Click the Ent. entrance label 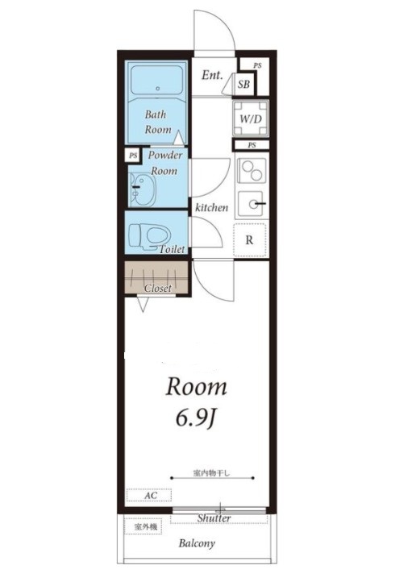point(212,75)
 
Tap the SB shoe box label point(243,85)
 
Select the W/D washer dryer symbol point(251,118)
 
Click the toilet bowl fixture point(149,236)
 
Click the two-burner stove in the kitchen point(252,171)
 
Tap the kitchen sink point(252,203)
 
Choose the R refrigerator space point(250,240)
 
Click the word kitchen point(212,207)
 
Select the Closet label point(158,288)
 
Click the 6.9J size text point(196,419)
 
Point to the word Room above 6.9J point(196,387)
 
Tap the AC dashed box point(149,495)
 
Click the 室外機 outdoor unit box point(143,526)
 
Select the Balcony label point(197,544)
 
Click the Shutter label point(214,518)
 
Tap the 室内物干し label point(212,473)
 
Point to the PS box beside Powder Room point(133,156)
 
